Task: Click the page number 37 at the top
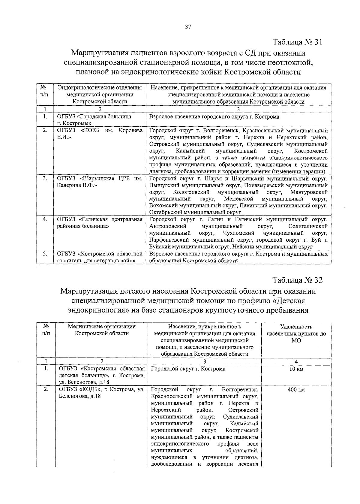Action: (x=188, y=27)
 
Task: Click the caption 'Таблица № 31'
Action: (x=297, y=42)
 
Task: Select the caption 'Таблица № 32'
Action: (x=297, y=280)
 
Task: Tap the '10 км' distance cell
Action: (x=296, y=369)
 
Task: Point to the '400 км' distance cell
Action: (x=296, y=390)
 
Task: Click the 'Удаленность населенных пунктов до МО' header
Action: (x=296, y=333)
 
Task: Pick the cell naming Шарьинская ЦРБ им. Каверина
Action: (x=100, y=182)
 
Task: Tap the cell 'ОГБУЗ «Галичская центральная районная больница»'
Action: (x=100, y=223)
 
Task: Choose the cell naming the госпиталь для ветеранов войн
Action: (x=100, y=257)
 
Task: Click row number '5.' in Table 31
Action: (x=45, y=254)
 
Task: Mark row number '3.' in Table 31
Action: (x=45, y=179)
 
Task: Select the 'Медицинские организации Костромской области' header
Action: (x=102, y=330)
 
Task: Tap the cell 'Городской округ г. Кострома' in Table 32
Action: (x=188, y=369)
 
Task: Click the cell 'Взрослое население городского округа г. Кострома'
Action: (x=214, y=117)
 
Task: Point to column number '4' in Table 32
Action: (x=296, y=361)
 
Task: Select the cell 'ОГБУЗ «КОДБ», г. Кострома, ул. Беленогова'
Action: (x=102, y=393)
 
